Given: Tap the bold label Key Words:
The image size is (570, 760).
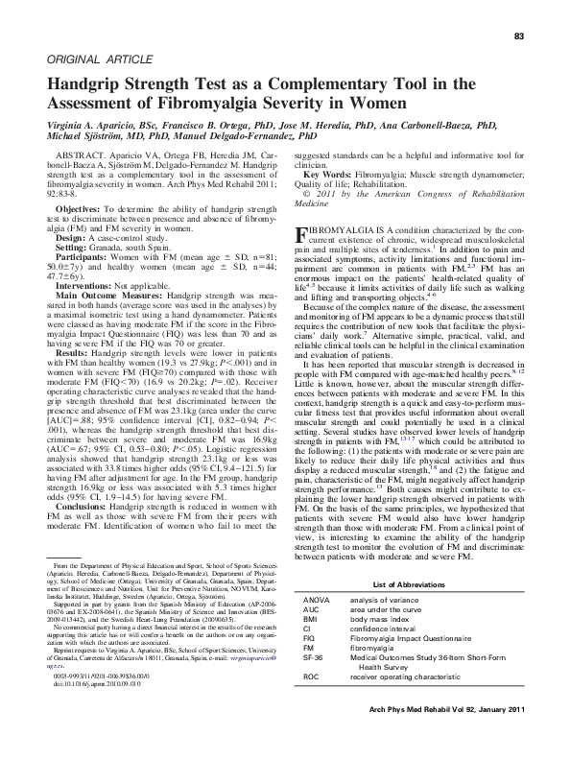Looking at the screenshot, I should coord(326,172).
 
